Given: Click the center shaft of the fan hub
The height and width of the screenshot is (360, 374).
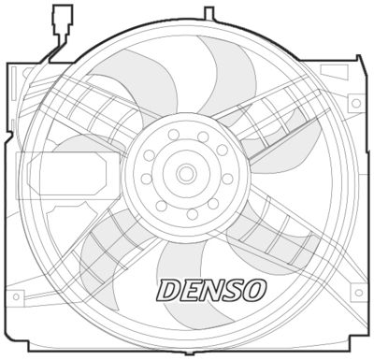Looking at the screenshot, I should (x=185, y=173).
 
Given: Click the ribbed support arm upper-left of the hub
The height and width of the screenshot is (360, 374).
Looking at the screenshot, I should (x=98, y=112).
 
